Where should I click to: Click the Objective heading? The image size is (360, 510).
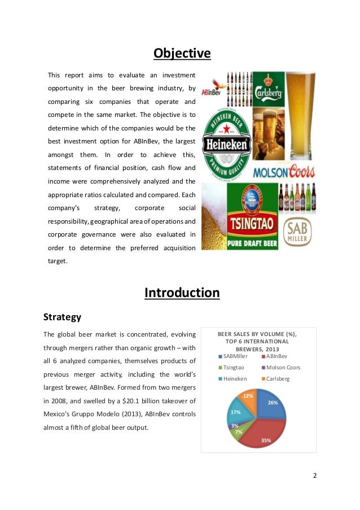[x=182, y=54]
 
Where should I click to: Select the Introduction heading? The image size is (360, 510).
[x=182, y=293]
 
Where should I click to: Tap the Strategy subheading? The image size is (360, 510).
[x=62, y=317]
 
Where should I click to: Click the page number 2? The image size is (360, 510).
[x=315, y=474]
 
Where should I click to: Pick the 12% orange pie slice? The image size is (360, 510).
[x=249, y=398]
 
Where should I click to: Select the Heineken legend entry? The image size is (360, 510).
[x=233, y=378]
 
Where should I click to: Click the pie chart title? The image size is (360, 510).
[x=257, y=341]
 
